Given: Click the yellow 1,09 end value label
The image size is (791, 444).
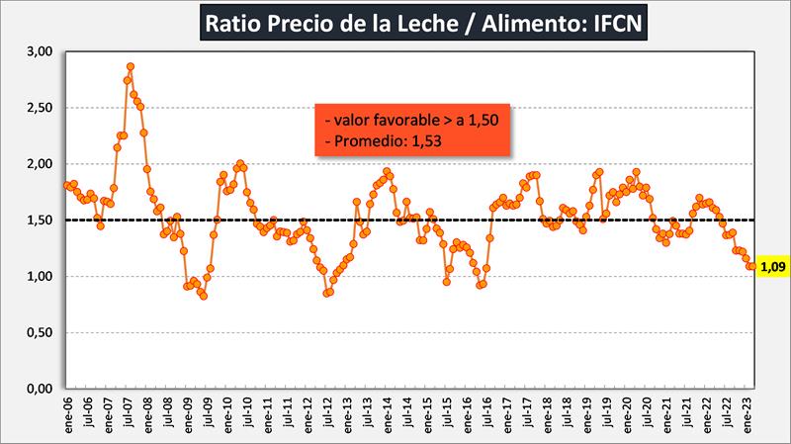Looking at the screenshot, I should pos(770,266).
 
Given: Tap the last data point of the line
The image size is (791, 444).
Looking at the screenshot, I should pos(753,266).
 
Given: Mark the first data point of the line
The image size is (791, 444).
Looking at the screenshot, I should pos(66,185).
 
